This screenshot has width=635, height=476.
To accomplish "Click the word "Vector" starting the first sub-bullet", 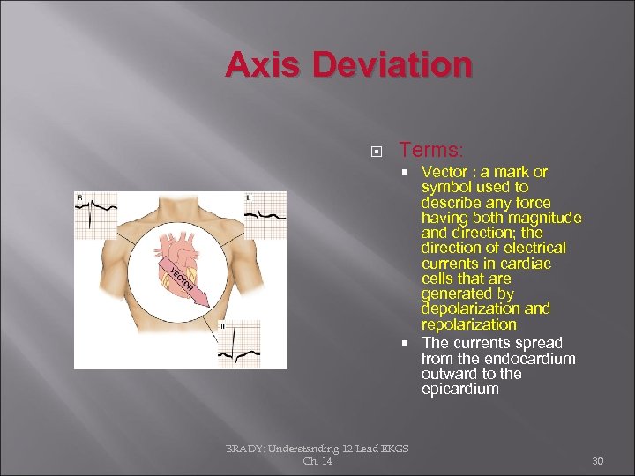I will tap(444, 172).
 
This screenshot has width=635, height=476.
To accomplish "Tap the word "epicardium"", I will tap(459, 389).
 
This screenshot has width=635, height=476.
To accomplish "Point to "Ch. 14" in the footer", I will tap(317, 461).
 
